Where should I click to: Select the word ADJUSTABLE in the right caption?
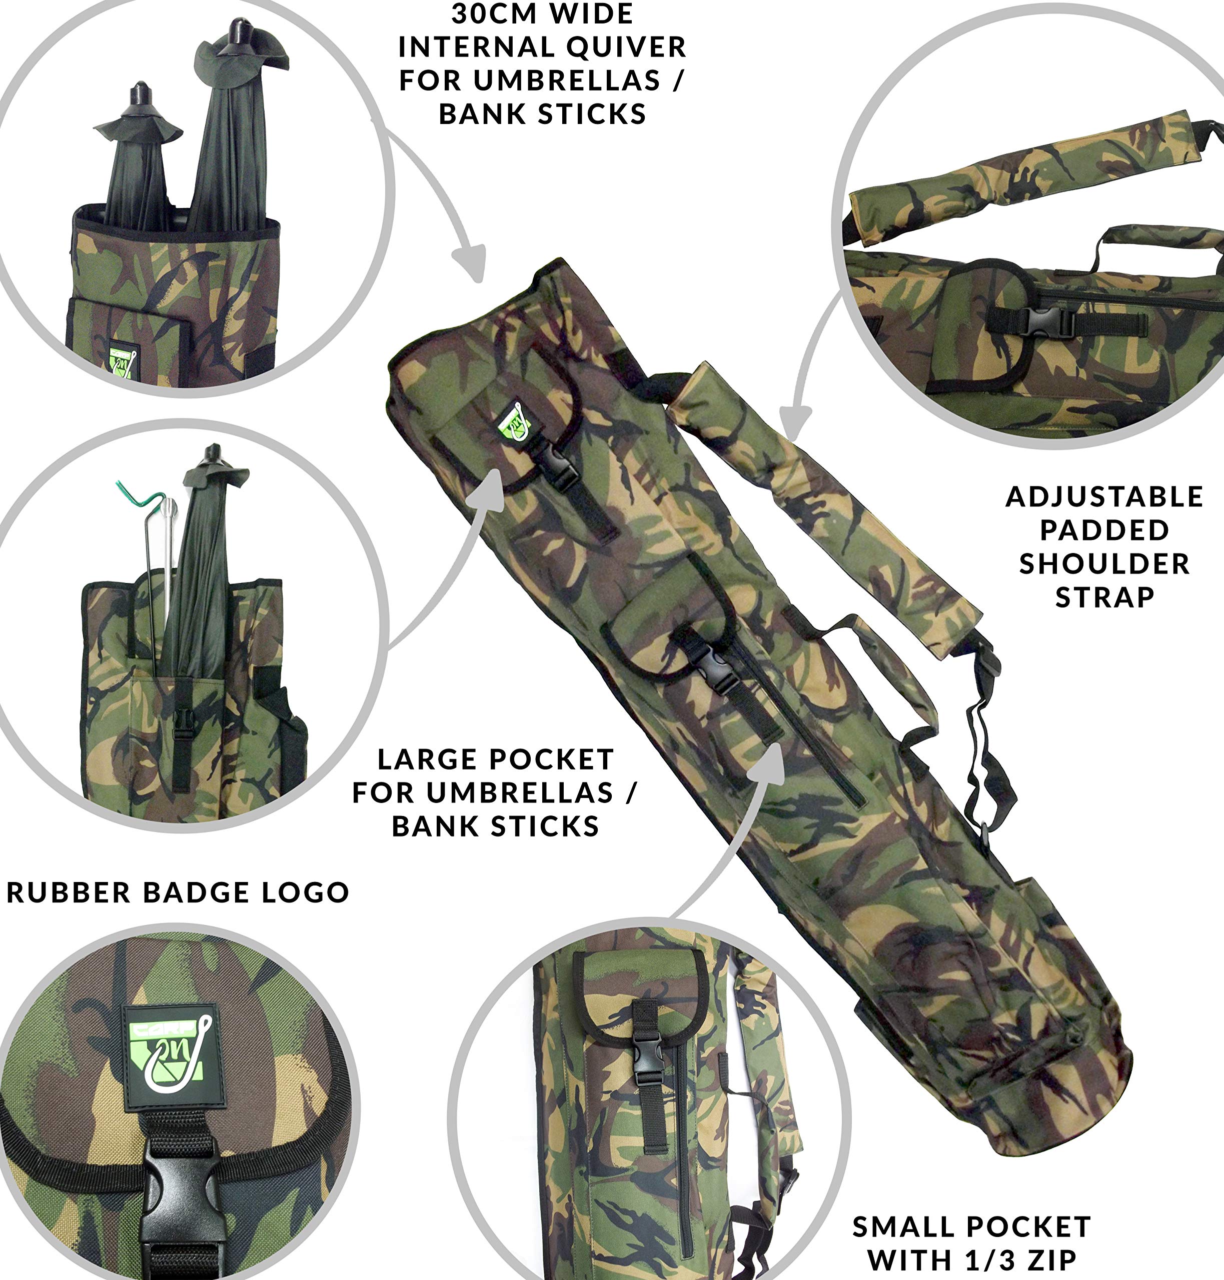coord(1104,497)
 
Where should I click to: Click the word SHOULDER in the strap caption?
coord(1104,563)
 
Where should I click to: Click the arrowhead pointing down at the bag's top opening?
coord(469,263)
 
